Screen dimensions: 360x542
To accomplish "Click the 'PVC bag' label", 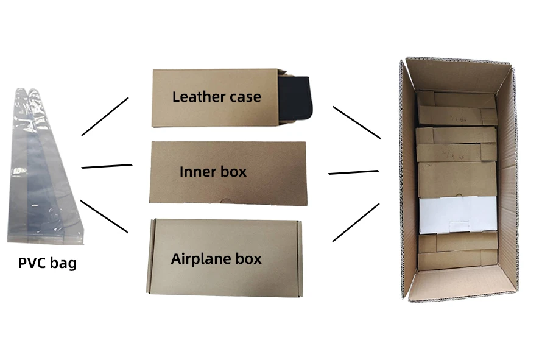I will pyautogui.click(x=48, y=264).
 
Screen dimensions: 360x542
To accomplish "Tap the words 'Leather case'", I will pyautogui.click(x=216, y=96).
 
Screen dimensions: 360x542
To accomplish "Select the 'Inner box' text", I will pyautogui.click(x=213, y=172).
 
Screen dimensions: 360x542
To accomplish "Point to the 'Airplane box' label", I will pyautogui.click(x=216, y=258).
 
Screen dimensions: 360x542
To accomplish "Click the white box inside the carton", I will pyautogui.click(x=457, y=215).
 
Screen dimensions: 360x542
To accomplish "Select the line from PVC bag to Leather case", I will pyautogui.click(x=105, y=116).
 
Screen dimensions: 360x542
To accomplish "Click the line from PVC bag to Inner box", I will pyautogui.click(x=107, y=165).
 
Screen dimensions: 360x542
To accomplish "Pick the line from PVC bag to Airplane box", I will pyautogui.click(x=104, y=216).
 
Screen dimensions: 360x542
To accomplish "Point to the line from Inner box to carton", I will pyautogui.click(x=353, y=172).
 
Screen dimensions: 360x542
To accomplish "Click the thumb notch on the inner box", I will pyautogui.click(x=226, y=202).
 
